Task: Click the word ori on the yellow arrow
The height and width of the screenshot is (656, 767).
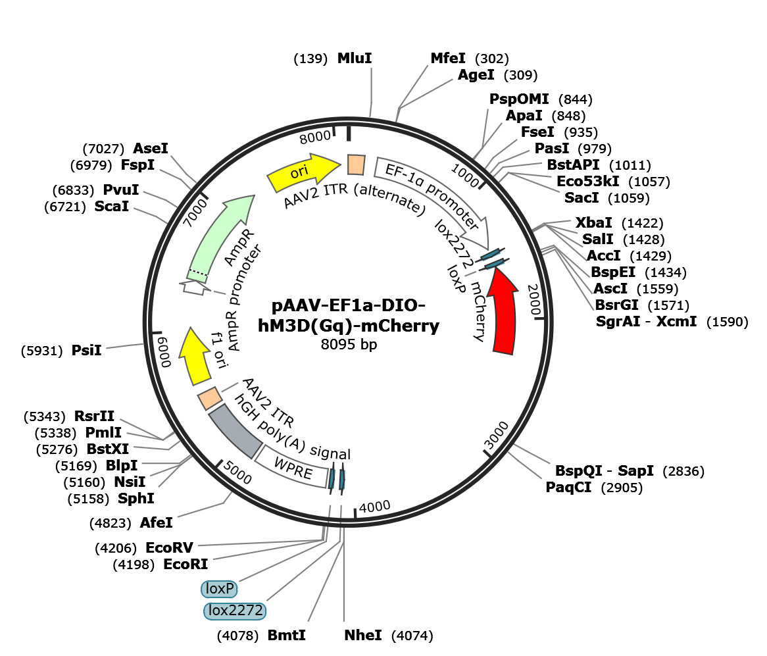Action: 299,172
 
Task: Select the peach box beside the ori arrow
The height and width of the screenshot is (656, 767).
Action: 356,164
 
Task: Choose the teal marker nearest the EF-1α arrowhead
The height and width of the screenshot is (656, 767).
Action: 491,254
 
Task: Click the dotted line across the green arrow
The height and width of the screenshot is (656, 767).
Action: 198,272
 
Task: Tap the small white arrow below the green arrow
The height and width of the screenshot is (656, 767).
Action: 194,288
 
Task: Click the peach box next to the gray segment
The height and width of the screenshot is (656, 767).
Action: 210,398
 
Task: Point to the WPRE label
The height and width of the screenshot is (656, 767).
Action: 293,468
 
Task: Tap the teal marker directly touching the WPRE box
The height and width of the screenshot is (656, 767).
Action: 332,478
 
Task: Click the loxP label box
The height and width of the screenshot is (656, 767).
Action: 220,589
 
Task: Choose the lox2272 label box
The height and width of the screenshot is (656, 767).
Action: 235,611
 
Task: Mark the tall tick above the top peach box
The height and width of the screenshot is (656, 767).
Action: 349,133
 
